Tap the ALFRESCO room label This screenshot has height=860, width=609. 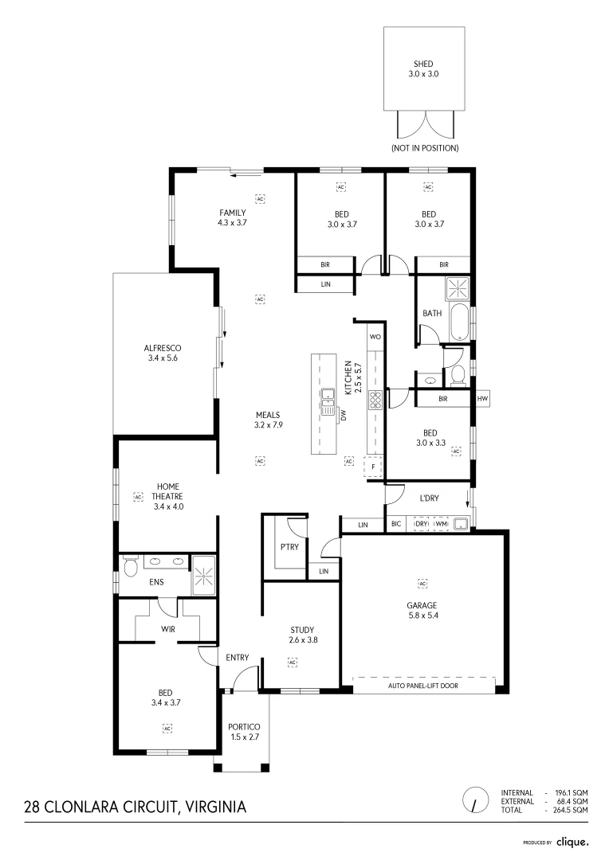coord(163,348)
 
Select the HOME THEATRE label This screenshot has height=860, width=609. coord(168,491)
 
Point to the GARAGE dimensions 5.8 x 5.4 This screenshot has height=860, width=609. coord(422,616)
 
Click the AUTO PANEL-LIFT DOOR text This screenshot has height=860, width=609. coord(423,685)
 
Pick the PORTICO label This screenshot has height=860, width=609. coord(244,727)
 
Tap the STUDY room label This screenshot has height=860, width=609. coord(302,629)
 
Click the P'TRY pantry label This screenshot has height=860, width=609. coord(288,547)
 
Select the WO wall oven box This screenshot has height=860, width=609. coord(375,337)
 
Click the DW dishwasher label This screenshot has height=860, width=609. coord(344,414)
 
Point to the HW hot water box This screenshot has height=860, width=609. coord(481,398)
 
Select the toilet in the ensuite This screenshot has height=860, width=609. coord(130,567)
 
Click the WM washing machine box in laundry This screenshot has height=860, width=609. coord(441,524)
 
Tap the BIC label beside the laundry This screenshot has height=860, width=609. coord(396,524)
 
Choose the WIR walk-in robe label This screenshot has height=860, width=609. coord(168,629)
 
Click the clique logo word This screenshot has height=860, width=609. coord(572,841)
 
